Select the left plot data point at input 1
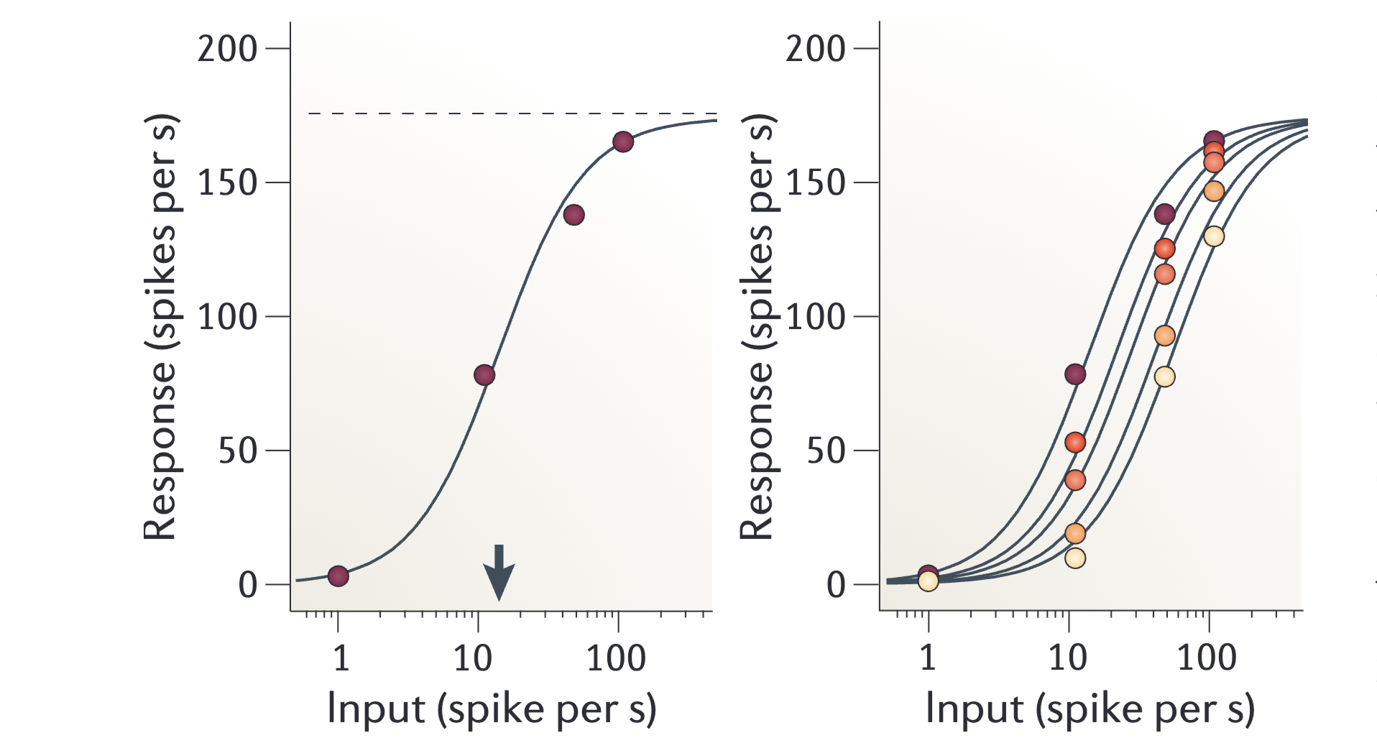339,576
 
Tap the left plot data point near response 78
484,374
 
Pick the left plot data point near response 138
574,215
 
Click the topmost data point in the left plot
623,142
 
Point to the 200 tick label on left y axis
227,49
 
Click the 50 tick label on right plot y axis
825,451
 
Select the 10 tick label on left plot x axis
472,658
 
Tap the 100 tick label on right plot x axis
1206,658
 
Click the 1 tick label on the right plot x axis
928,658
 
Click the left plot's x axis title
492,709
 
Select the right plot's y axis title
757,327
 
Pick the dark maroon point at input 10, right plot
1075,374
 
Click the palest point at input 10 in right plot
1075,558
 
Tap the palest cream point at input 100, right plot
1214,236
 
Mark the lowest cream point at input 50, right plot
1165,377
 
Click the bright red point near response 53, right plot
1075,442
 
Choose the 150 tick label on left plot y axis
227,183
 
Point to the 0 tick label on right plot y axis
835,585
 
